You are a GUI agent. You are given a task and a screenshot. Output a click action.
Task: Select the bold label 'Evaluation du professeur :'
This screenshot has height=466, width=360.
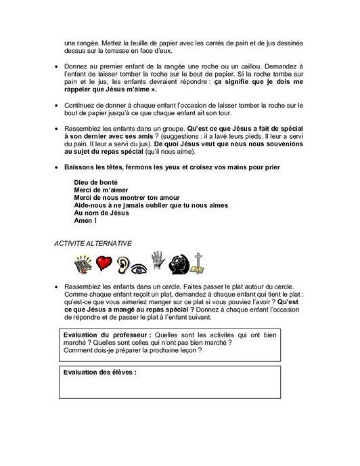[x=108, y=335]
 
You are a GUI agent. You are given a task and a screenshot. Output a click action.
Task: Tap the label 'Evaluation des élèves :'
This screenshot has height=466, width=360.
[x=99, y=372]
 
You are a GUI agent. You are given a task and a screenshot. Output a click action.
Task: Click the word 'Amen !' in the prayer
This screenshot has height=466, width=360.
[x=87, y=221]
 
